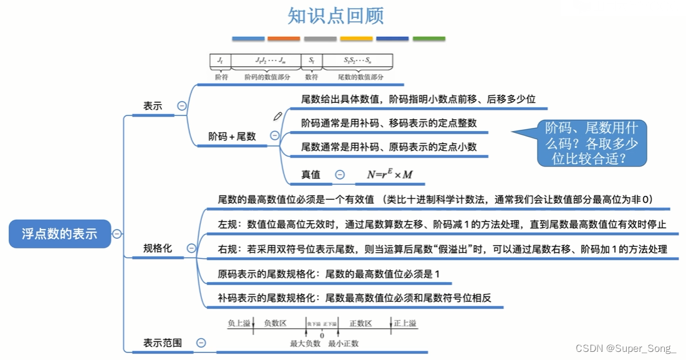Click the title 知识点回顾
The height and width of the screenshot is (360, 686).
pos(336,16)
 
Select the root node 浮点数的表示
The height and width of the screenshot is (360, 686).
pos(59,234)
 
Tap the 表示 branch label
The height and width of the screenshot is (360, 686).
pos(153,106)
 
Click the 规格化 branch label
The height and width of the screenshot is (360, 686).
pos(157,248)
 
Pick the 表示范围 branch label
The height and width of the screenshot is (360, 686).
pos(163,343)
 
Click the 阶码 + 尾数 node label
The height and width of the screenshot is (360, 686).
pos(232,136)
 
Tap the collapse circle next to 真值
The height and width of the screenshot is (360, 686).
pos(340,175)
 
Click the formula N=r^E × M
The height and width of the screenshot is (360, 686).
pos(390,175)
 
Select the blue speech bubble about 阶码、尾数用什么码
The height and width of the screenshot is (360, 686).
pos(591,143)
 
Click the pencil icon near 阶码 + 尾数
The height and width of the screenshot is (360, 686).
pos(278,115)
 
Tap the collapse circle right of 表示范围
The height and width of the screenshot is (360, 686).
pos(201,343)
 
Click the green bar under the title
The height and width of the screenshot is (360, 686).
pos(429,39)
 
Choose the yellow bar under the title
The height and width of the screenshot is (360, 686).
pos(357,39)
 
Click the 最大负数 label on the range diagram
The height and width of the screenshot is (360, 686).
pos(305,343)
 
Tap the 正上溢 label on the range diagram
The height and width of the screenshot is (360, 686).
pos(405,323)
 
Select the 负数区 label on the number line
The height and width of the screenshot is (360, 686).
pos(275,323)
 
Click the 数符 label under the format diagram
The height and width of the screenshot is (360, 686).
pos(311,77)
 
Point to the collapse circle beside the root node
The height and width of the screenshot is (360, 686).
pos(117,234)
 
